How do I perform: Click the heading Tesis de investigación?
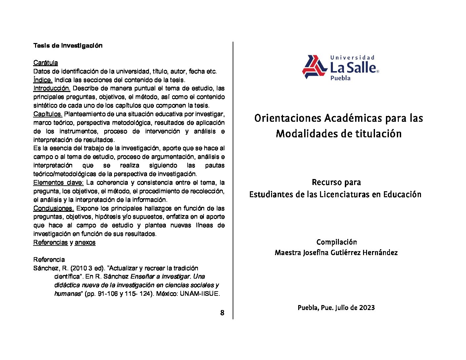tap(68, 46)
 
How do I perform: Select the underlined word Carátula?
tap(46, 63)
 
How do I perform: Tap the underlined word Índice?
tap(43, 80)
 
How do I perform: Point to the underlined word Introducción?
tap(52, 88)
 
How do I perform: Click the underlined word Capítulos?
tap(48, 114)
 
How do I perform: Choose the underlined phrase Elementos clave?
tap(59, 183)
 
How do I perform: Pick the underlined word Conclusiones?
tap(54, 208)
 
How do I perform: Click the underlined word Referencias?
tap(50, 243)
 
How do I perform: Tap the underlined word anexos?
tap(85, 243)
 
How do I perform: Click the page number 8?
tap(222, 313)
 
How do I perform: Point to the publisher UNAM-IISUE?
tap(200, 294)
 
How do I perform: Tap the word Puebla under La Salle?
tap(340, 78)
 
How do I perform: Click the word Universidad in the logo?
tap(352, 58)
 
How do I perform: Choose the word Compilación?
tap(337, 242)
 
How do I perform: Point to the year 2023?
tap(367, 308)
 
